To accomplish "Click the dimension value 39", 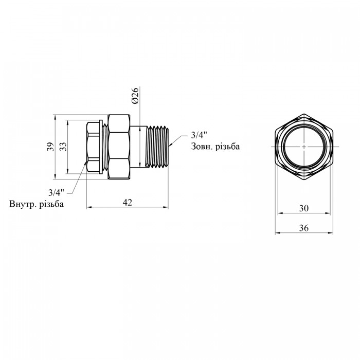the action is pyautogui.click(x=51, y=147).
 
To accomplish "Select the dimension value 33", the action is pyautogui.click(x=63, y=147).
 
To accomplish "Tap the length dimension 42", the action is pyautogui.click(x=128, y=203).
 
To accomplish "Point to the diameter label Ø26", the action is pyautogui.click(x=136, y=96).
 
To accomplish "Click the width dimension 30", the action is pyautogui.click(x=304, y=208).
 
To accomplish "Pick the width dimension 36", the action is pyautogui.click(x=304, y=228).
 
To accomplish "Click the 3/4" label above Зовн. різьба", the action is pyautogui.click(x=199, y=135).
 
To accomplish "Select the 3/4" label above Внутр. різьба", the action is pyautogui.click(x=56, y=192).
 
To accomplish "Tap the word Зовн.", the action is pyautogui.click(x=202, y=147).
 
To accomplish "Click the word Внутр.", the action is pyautogui.click(x=23, y=204).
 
